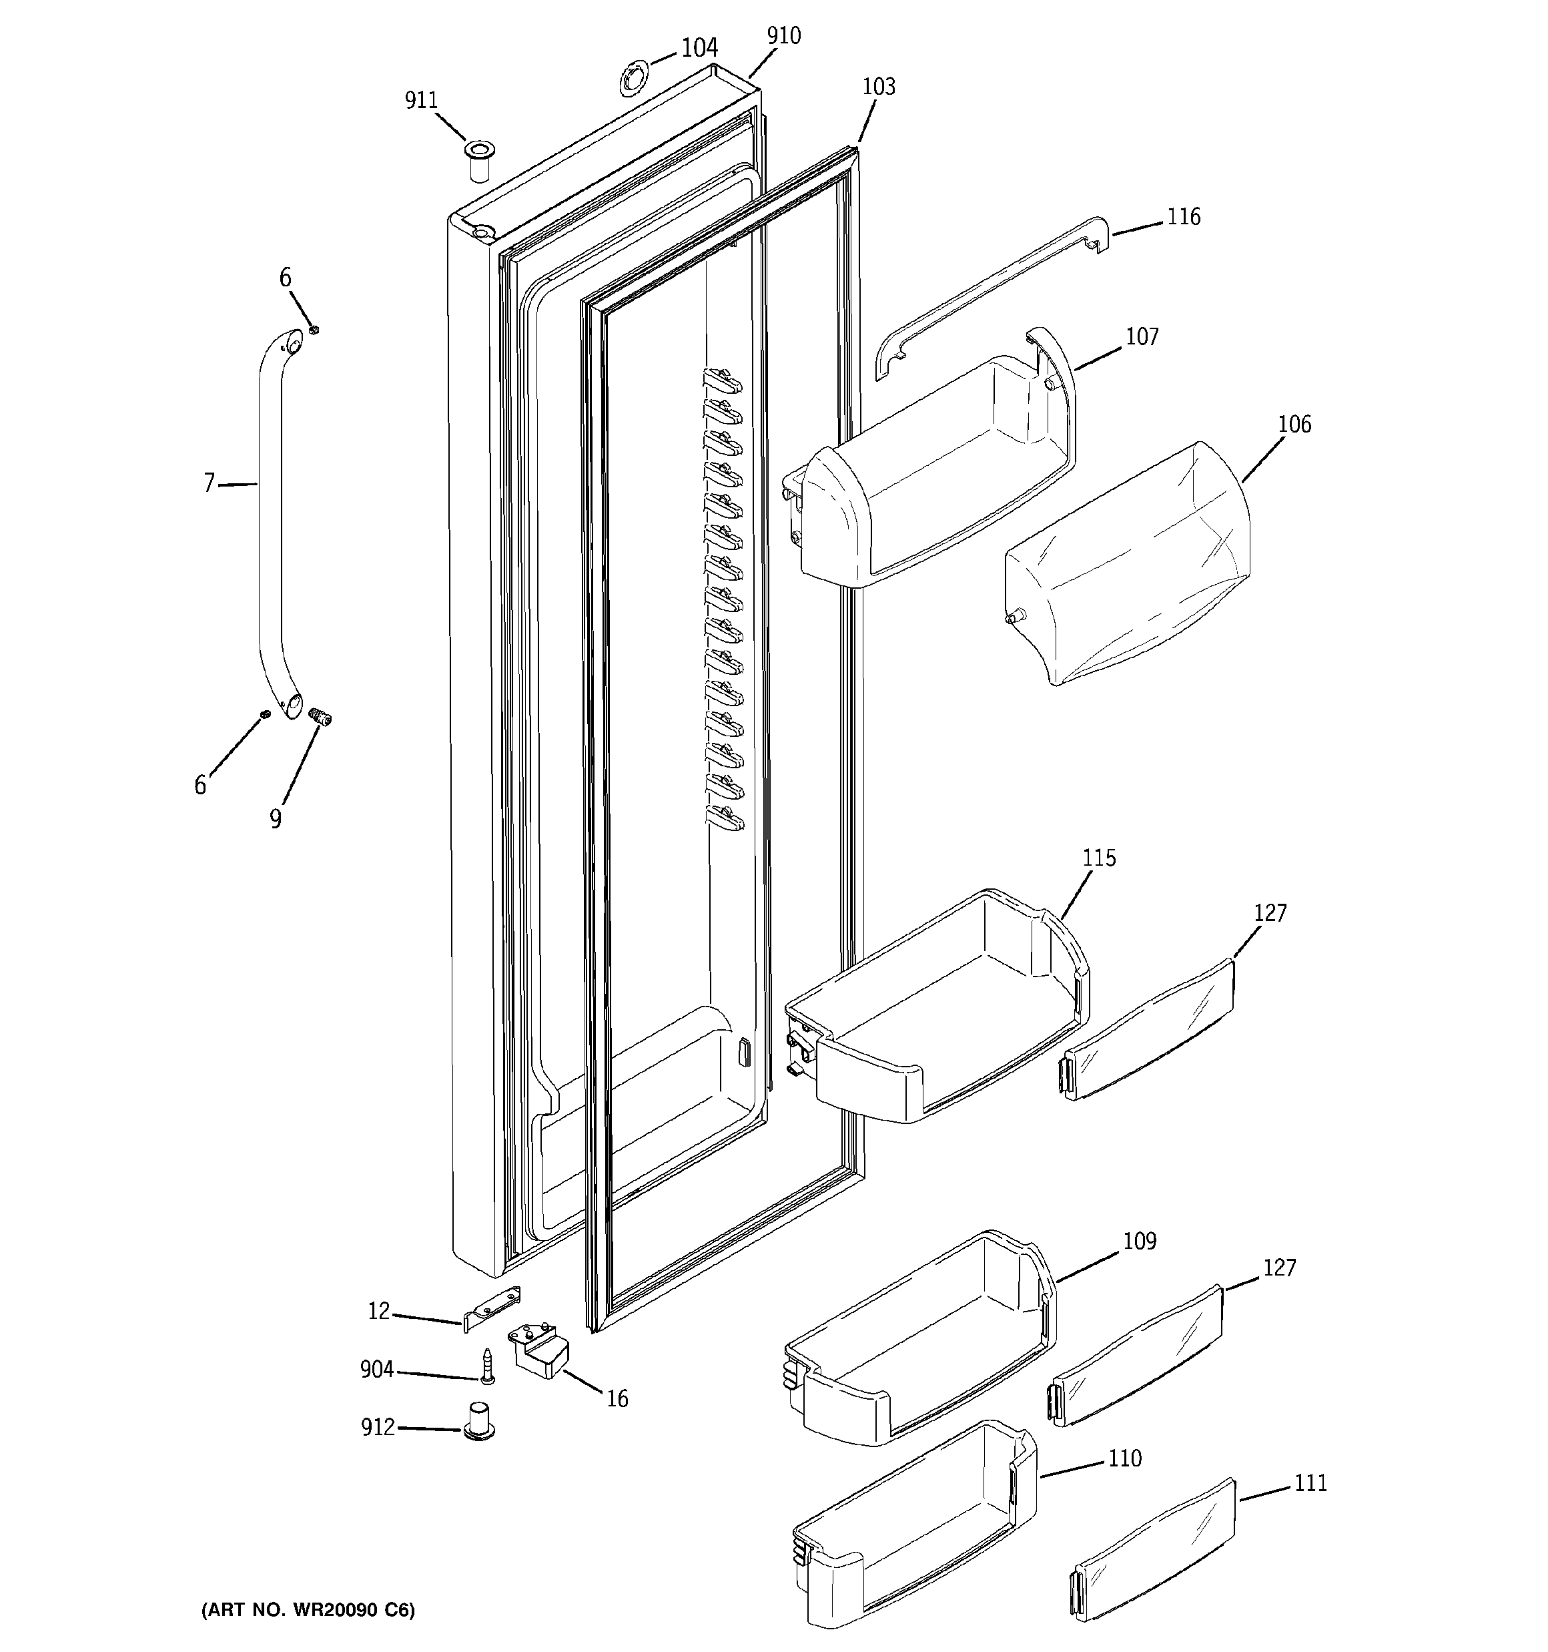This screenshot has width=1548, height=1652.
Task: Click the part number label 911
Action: (x=420, y=101)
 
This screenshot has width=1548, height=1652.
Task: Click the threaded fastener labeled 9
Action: (x=320, y=716)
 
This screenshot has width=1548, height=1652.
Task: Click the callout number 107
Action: (x=1142, y=336)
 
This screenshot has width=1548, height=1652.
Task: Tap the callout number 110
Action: (x=1124, y=1458)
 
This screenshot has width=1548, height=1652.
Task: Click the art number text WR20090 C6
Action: (x=308, y=1610)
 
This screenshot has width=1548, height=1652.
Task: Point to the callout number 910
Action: (x=783, y=36)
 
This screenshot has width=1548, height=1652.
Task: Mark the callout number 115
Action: (x=1100, y=858)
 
